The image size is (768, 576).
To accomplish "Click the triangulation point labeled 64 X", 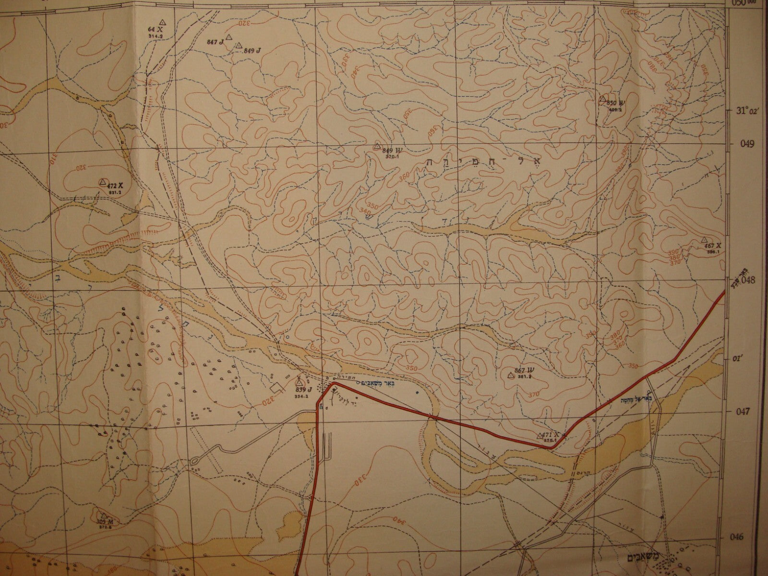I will [x=162, y=22].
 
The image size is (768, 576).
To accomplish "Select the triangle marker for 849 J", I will [x=239, y=45].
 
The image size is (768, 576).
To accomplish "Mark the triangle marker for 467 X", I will [x=704, y=239].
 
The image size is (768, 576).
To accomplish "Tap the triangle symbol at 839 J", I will [x=298, y=383].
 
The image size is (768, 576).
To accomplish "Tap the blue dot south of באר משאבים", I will [x=417, y=393].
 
